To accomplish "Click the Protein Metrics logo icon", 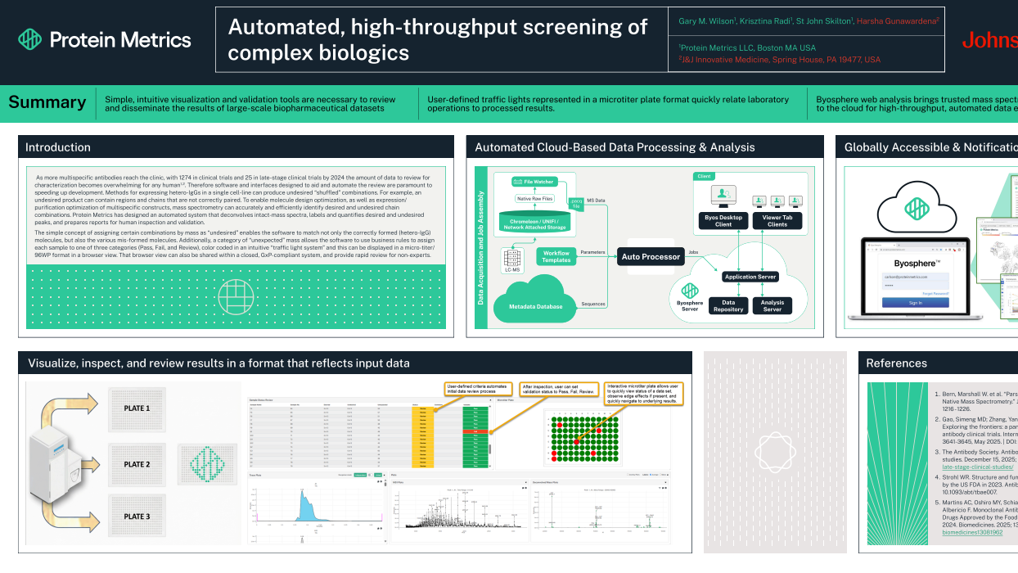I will click(30, 39).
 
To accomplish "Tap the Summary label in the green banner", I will click(47, 102).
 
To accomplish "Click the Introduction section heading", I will click(57, 147).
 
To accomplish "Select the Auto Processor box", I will click(651, 257).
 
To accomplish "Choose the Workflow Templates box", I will click(556, 255).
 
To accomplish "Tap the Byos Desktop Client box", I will click(723, 221).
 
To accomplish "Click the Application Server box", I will click(750, 277).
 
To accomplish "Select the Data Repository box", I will click(727, 306).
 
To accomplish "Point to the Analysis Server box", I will click(773, 306).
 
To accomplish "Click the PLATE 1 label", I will click(137, 408).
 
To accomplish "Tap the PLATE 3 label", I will click(137, 517).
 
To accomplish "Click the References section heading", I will click(896, 363).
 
